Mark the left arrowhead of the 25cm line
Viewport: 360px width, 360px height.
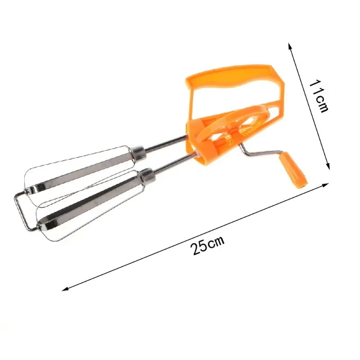click(64, 288)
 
